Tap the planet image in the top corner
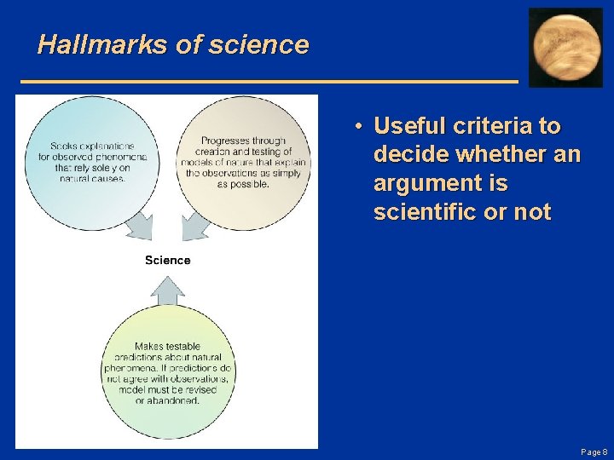(x=565, y=48)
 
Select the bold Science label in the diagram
(x=167, y=260)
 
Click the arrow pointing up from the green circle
(x=167, y=291)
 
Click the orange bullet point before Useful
(x=362, y=127)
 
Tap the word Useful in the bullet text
(x=405, y=127)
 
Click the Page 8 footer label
(x=594, y=451)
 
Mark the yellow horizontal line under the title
(x=269, y=80)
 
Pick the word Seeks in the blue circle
(x=65, y=147)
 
